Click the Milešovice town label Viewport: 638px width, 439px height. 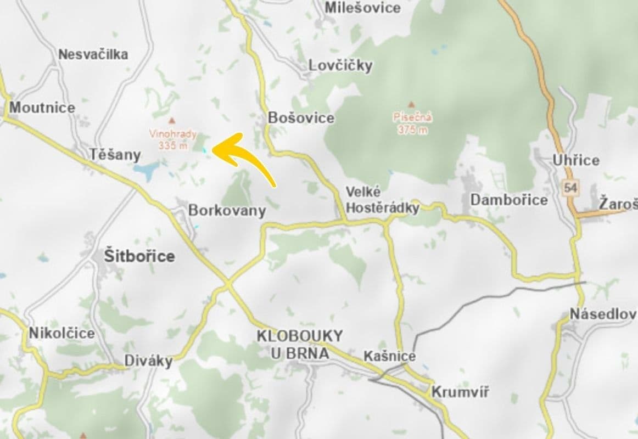pos(362,8)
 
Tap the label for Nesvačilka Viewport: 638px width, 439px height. pos(93,54)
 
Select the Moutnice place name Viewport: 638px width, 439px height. pos(42,107)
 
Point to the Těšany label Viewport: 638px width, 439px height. pos(115,155)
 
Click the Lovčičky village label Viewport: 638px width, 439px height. pos(340,65)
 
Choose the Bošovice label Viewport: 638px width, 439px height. pos(301,118)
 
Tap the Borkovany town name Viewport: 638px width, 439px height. pos(227,210)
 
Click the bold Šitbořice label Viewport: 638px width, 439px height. pos(139,256)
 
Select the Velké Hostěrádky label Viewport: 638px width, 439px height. pos(382,200)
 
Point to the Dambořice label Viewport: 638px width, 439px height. pos(508,200)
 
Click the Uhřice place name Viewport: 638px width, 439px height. pos(576,160)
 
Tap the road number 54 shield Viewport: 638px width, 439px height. pos(570,188)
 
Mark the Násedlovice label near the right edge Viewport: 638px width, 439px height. pos(603,314)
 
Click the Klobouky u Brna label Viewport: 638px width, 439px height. pos(300,344)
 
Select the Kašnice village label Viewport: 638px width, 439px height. pos(389,356)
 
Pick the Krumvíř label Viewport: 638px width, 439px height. pos(460,392)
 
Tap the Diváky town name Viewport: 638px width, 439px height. pos(148,361)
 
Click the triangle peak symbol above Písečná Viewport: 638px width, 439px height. pos(411,104)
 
